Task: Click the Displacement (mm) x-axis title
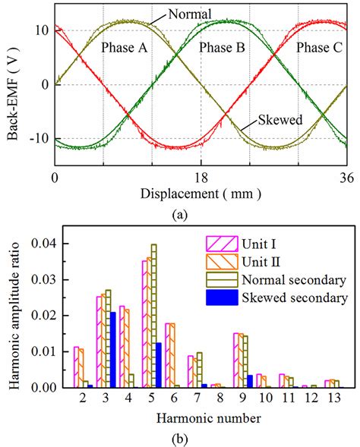pyautogui.click(x=201, y=194)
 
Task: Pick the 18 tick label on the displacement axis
pyautogui.click(x=201, y=178)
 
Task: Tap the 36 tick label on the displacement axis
pyautogui.click(x=346, y=178)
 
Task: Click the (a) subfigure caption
pyautogui.click(x=180, y=215)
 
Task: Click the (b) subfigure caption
pyautogui.click(x=180, y=437)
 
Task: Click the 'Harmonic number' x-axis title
pyautogui.click(x=201, y=417)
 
